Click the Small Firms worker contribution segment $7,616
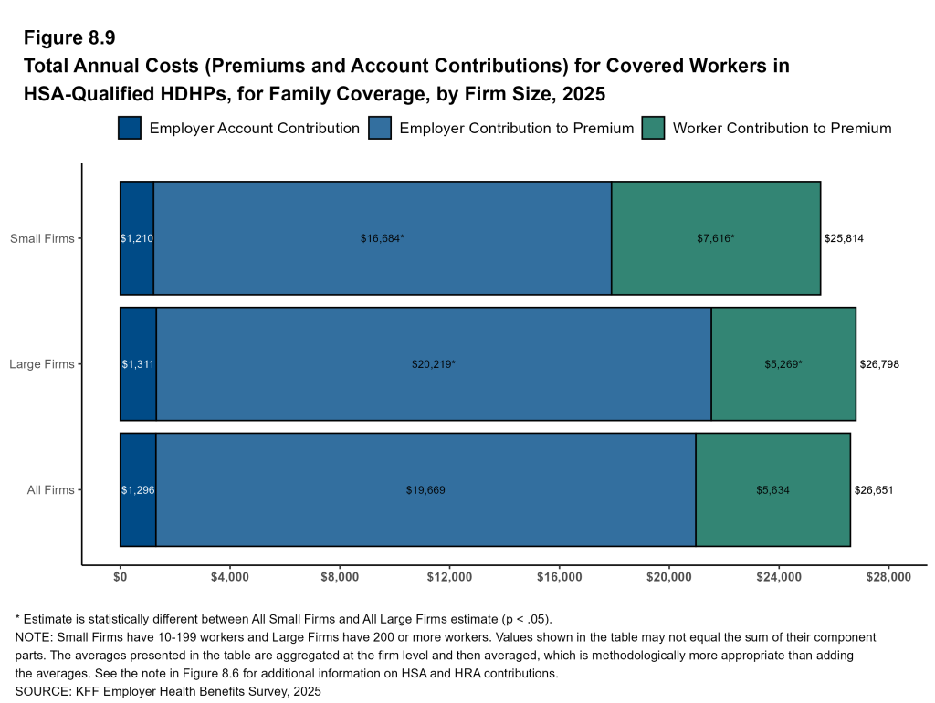click(x=715, y=238)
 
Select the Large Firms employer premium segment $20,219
click(x=433, y=364)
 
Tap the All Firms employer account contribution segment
click(x=138, y=490)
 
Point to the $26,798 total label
click(x=879, y=364)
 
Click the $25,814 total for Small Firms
click(x=844, y=238)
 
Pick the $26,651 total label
click(x=874, y=490)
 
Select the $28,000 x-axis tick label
click(x=888, y=577)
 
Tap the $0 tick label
click(x=121, y=577)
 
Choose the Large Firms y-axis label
click(x=42, y=364)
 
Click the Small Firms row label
click(x=42, y=238)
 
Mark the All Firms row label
click(x=50, y=490)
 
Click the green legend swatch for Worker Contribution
click(x=654, y=128)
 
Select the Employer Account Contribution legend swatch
click(x=130, y=128)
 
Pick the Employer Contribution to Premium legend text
click(x=516, y=128)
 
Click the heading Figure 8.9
click(x=69, y=38)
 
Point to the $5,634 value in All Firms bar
click(x=772, y=490)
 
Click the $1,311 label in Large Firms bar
click(x=138, y=364)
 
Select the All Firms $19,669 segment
click(x=425, y=490)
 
